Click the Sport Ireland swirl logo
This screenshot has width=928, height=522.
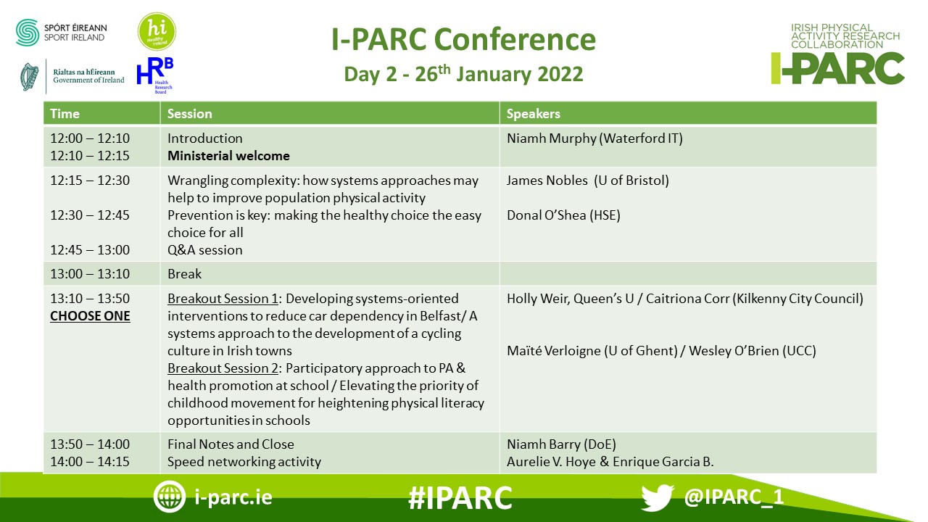point(28,33)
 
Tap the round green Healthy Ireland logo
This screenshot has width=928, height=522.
point(157,31)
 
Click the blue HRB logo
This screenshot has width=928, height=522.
point(155,75)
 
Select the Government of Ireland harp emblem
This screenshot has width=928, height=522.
point(30,77)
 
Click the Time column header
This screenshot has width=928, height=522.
point(65,114)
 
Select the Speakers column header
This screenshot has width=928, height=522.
point(533,114)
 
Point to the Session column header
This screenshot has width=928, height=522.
point(189,114)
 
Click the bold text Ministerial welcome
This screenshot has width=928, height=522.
point(228,156)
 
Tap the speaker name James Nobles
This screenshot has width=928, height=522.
point(547,181)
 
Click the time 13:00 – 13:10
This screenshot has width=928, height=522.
point(90,274)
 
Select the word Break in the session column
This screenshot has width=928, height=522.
point(184,274)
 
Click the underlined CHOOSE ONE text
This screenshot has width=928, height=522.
point(90,316)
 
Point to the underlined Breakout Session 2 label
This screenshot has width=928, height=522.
point(223,368)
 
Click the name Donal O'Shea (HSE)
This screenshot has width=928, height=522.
point(563,215)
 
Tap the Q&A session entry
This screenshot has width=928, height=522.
point(204,250)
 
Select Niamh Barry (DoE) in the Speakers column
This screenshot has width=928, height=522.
point(561,444)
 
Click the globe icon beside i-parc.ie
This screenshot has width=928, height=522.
point(169,497)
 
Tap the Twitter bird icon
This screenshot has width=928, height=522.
point(658,497)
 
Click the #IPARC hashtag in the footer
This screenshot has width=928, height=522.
point(460,497)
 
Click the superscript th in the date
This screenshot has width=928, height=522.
point(444,69)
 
